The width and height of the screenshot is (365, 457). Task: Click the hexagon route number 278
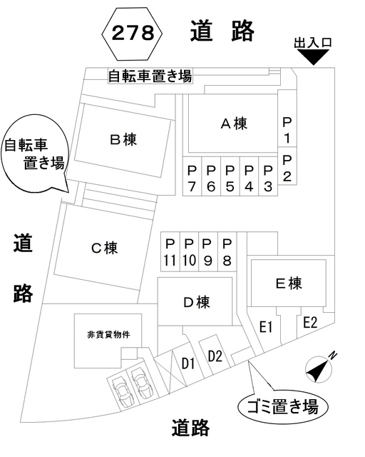(x=132, y=34)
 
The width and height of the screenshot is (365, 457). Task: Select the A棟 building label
(x=234, y=124)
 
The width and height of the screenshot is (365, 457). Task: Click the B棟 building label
(x=123, y=139)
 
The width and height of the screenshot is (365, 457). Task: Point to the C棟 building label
(x=105, y=248)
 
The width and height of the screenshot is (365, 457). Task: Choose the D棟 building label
(x=197, y=302)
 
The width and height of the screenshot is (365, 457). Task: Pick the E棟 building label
(x=289, y=283)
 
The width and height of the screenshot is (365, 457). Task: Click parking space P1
(x=287, y=118)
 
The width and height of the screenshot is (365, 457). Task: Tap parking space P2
(x=287, y=166)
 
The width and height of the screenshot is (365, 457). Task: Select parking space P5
(x=230, y=176)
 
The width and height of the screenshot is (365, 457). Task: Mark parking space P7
(x=192, y=176)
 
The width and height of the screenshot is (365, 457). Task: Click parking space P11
(x=170, y=252)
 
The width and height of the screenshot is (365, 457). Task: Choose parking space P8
(x=227, y=252)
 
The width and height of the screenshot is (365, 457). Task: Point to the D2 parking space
(x=215, y=356)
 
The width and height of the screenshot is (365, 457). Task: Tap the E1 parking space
(x=265, y=326)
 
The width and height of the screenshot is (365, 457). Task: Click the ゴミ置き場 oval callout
(x=282, y=406)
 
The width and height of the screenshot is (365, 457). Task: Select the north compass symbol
(x=319, y=368)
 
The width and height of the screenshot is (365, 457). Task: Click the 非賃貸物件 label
(x=108, y=335)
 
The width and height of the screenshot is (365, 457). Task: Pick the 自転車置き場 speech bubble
(x=34, y=154)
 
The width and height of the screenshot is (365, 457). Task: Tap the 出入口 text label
(x=313, y=43)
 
